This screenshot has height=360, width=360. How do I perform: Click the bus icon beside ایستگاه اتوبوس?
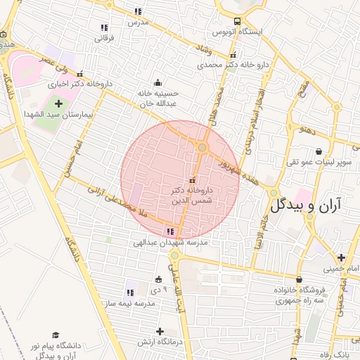(237, 22)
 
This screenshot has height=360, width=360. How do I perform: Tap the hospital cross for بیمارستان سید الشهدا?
(58, 103)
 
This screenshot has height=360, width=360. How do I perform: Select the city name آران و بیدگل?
(305, 205)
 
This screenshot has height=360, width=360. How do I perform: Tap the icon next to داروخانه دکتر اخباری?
(80, 73)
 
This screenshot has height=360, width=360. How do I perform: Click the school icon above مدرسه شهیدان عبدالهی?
(170, 231)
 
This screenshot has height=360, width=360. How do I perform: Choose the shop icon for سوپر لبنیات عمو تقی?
(319, 151)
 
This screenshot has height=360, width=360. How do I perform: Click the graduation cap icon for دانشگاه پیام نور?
(56, 335)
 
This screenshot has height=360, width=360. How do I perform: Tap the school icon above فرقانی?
(104, 27)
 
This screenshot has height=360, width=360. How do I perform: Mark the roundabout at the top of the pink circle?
(202, 148)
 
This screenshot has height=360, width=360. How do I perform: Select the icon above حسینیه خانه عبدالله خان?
(156, 82)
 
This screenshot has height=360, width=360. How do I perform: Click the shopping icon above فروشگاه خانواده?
(299, 279)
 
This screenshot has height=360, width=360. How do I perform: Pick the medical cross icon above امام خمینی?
(341, 257)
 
